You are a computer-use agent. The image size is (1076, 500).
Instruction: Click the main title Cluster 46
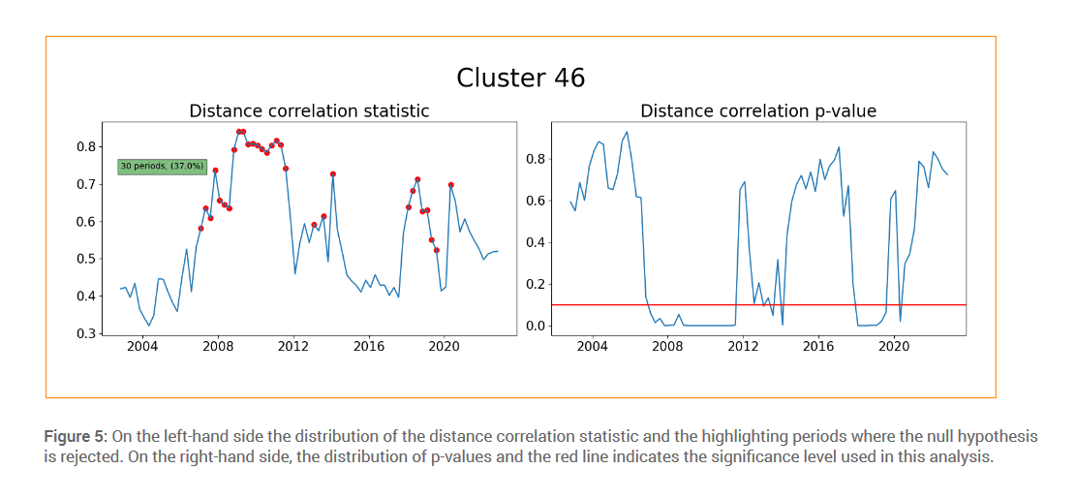click(520, 78)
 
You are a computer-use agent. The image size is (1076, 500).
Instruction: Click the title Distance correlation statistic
click(309, 110)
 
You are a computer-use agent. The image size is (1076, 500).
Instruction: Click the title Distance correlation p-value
click(758, 110)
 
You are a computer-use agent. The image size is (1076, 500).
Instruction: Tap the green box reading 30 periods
click(162, 167)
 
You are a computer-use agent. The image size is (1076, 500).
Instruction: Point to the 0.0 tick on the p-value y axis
click(537, 326)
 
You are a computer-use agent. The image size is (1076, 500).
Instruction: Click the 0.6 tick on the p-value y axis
click(537, 201)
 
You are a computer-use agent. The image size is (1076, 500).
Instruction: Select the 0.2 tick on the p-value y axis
click(537, 284)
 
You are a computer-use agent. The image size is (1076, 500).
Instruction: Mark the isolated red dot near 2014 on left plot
click(333, 174)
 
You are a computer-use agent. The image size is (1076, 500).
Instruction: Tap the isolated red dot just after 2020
click(450, 185)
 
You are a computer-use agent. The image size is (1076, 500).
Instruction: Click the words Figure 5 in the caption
click(75, 437)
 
